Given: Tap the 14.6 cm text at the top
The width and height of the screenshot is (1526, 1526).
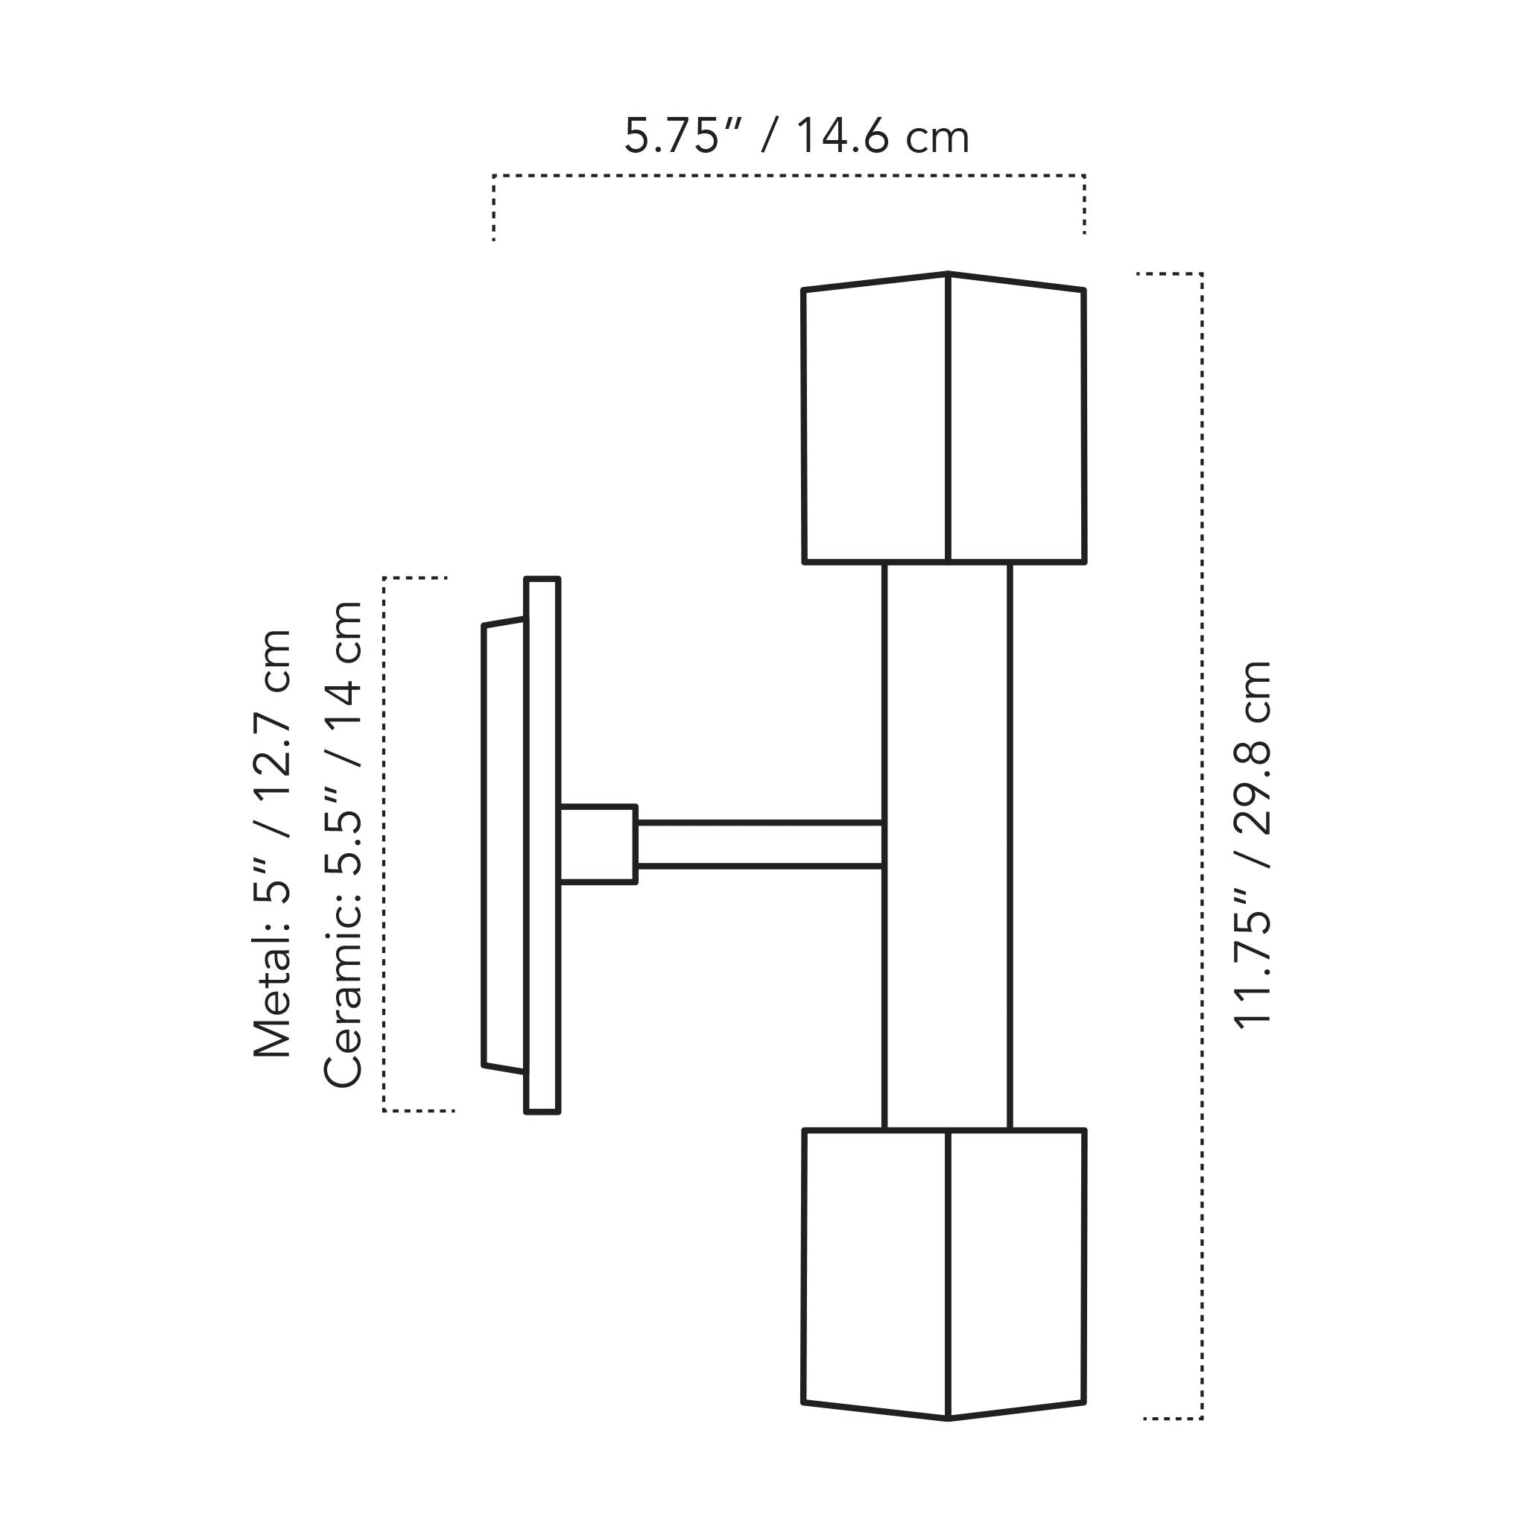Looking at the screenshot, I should tap(882, 136).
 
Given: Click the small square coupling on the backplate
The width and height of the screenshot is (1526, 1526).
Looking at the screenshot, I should tap(598, 843).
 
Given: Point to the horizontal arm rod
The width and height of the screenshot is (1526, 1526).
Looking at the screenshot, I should tap(759, 844).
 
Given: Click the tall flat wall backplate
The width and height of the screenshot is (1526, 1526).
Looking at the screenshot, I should tap(542, 845).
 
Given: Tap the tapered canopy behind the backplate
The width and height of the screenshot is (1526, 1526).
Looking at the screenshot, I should tap(503, 845).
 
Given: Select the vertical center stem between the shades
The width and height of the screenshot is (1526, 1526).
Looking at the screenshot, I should tap(947, 845).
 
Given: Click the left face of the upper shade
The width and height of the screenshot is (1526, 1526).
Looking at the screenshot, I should tap(876, 422).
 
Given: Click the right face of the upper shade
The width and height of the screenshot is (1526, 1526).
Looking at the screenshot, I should tap(1016, 422).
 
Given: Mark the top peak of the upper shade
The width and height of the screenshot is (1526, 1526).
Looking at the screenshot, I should tap(948, 275).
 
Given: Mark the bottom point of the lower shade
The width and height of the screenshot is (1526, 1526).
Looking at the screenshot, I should tap(948, 1418).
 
